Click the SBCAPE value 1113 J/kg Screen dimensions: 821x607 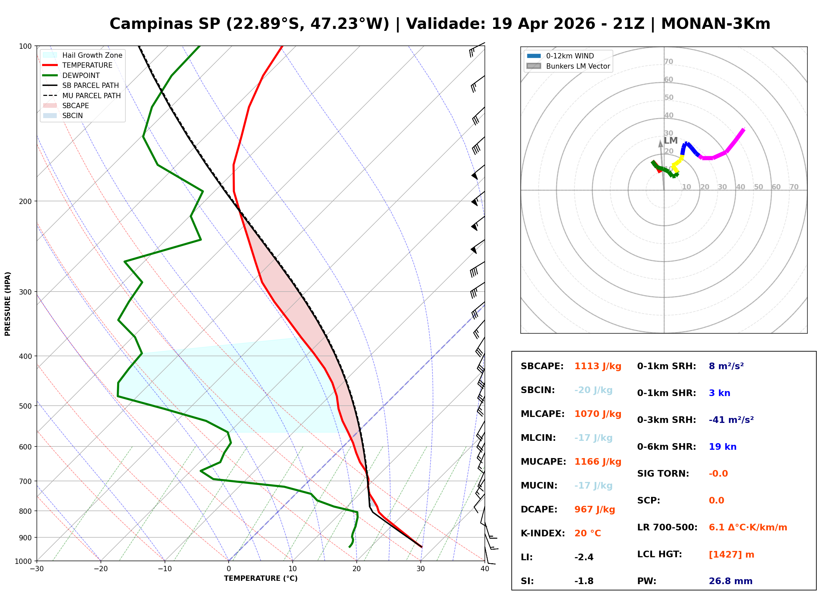[x=598, y=366]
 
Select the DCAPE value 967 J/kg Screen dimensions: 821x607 [x=595, y=509]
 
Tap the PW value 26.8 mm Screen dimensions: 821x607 [x=731, y=581]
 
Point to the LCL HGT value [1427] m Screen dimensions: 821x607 [x=731, y=555]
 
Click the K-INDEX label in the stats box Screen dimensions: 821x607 [x=543, y=533]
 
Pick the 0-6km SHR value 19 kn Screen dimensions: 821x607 [x=722, y=447]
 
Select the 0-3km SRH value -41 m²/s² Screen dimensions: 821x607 [x=731, y=420]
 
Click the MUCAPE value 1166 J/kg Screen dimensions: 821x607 [x=598, y=462]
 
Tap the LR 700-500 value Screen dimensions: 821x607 [x=748, y=528]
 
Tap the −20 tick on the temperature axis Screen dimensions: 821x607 [x=101, y=569]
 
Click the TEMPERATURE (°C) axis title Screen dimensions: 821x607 [x=261, y=578]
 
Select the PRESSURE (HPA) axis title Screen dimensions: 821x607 [x=8, y=303]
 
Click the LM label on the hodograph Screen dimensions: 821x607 [x=671, y=140]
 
